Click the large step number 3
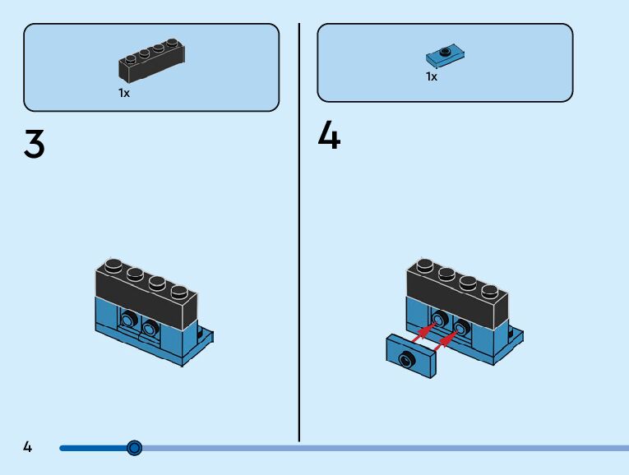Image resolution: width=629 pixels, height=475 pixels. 34,145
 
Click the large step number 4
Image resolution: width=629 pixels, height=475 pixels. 329,136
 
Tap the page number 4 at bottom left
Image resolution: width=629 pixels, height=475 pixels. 28,447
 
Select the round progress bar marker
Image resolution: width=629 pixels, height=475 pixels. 135,448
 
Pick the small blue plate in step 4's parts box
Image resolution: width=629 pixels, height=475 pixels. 446,56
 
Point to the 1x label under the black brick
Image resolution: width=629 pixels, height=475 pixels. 124,93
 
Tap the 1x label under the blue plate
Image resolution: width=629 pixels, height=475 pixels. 432,76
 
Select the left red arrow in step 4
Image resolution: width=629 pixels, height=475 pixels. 423,330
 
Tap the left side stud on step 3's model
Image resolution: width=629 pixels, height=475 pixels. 129,319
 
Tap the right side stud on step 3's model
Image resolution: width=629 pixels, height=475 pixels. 150,328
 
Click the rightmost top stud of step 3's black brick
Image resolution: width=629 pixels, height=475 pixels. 178,290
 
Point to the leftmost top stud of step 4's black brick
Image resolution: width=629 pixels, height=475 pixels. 425,265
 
